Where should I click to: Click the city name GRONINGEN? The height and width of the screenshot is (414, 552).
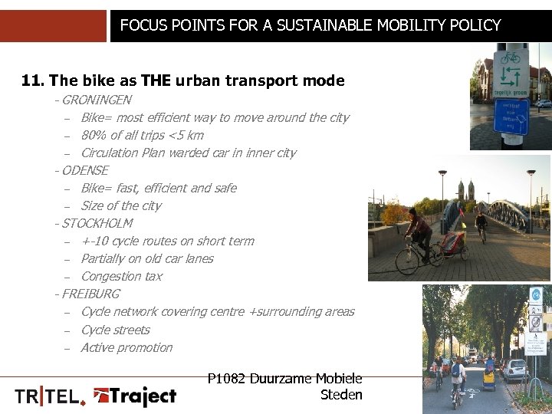click(96, 100)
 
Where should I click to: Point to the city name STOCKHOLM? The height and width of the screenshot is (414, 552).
click(97, 223)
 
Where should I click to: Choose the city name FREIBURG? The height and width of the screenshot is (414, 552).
click(90, 294)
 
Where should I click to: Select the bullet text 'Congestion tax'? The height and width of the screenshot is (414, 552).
click(121, 276)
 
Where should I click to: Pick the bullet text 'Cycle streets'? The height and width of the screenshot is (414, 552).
click(115, 330)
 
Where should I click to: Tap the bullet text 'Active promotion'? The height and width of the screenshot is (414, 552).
click(127, 347)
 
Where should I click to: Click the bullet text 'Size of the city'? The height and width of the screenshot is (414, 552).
click(120, 205)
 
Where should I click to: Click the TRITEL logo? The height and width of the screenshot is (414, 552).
click(51, 396)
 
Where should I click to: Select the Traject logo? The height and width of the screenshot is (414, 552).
click(135, 396)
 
